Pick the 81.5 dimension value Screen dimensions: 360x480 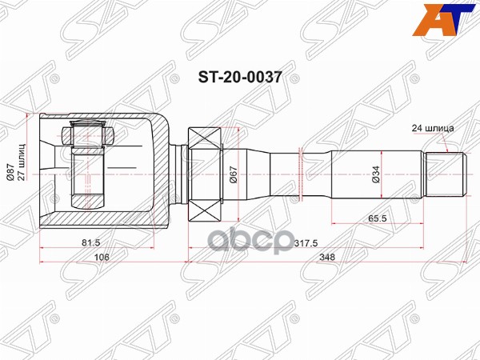point(90,241)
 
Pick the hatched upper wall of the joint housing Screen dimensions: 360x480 point(104,118)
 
